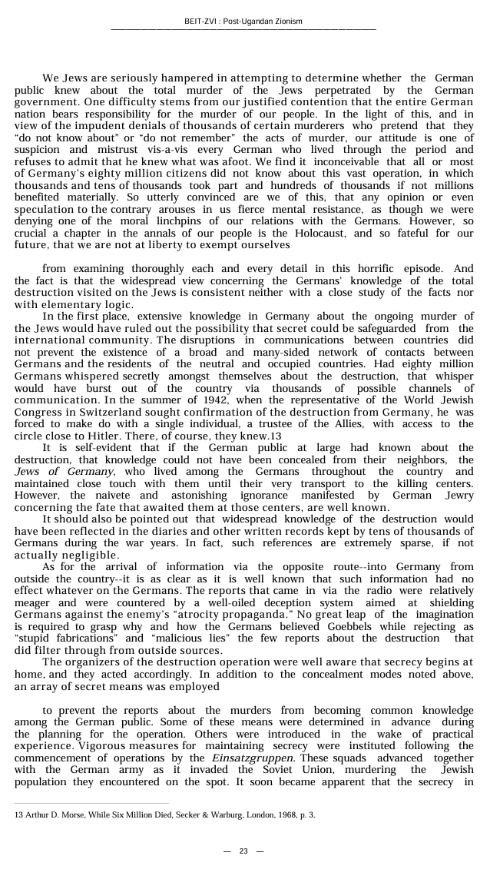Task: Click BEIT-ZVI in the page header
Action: point(201,21)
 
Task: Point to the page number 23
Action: point(243,851)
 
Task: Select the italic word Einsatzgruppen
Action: point(244,758)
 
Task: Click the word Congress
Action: point(38,413)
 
